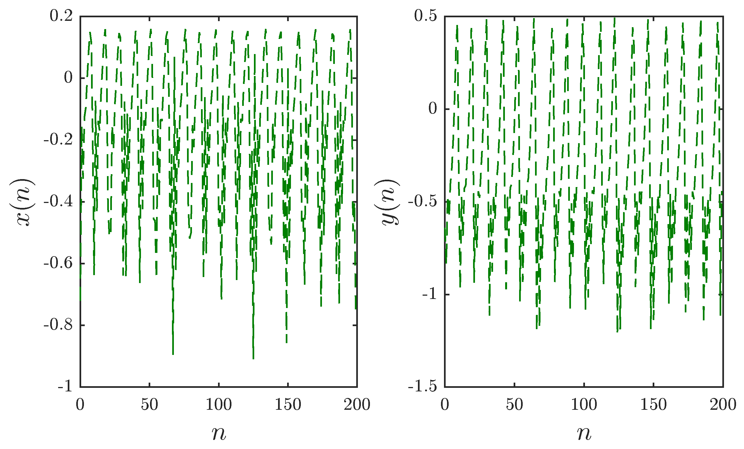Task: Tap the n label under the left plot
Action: (x=219, y=434)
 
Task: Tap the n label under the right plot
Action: (x=584, y=434)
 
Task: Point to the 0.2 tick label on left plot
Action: (x=61, y=16)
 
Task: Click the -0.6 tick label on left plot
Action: (x=58, y=263)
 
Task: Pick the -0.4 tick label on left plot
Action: (x=58, y=201)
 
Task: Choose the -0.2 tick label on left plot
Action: (x=58, y=140)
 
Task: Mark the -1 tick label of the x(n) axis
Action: (x=65, y=386)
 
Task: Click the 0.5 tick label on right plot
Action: (x=426, y=16)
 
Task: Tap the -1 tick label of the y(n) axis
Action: (x=429, y=294)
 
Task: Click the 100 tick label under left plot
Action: (x=219, y=404)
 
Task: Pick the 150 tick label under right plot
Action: (x=654, y=404)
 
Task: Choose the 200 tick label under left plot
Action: (x=357, y=404)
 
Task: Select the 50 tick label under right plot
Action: (x=514, y=404)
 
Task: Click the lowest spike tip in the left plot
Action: (x=253, y=359)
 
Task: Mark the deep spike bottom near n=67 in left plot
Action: (x=173, y=354)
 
